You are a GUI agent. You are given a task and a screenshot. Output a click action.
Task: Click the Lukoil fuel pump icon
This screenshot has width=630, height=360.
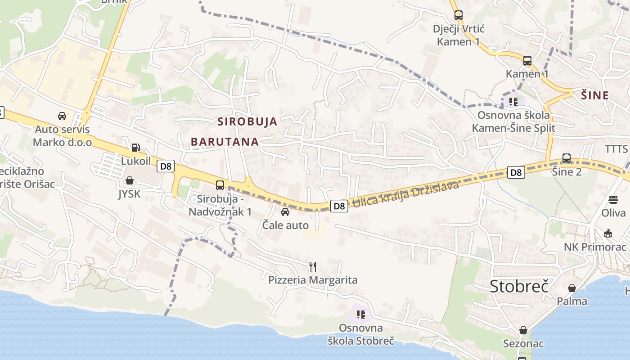[135, 147]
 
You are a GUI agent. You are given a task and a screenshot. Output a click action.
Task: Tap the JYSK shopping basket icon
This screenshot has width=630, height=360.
[130, 180]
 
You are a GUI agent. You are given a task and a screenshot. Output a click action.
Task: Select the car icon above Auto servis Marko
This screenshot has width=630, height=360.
[62, 116]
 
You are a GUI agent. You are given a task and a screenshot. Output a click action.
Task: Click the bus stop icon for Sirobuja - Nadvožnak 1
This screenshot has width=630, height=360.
[220, 185]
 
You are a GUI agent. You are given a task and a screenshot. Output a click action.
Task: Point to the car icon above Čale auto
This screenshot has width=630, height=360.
[285, 211]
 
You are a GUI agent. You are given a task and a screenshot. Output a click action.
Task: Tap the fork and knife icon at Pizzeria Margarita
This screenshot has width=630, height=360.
[313, 267]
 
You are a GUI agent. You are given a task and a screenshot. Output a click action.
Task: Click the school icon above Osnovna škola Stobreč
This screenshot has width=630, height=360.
[361, 314]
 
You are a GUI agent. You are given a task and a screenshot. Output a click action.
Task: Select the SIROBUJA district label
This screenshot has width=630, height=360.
[247, 121]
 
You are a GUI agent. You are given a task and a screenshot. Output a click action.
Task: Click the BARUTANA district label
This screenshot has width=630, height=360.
[225, 142]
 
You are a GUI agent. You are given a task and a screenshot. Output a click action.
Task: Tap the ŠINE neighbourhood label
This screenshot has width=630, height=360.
[594, 95]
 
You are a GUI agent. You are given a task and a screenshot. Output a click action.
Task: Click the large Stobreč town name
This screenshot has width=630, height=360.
[519, 286]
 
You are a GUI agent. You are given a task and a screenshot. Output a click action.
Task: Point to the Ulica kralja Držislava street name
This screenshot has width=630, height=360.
[405, 193]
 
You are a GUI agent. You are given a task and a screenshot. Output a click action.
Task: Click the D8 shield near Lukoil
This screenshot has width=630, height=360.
[166, 166]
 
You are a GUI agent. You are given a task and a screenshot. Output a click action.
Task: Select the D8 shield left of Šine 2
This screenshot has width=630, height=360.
[516, 172]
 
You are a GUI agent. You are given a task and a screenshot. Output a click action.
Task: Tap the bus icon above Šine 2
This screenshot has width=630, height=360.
[567, 158]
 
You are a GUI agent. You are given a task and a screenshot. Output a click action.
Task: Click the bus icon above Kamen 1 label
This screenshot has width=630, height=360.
[527, 60]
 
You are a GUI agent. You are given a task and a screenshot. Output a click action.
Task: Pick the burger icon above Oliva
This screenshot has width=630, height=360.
[613, 199]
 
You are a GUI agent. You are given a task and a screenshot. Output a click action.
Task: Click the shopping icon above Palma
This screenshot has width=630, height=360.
[572, 288]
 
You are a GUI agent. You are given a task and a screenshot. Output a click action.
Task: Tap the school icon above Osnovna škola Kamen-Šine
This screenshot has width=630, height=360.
[513, 101]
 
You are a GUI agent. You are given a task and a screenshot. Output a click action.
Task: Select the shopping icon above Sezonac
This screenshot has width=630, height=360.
[523, 331]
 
